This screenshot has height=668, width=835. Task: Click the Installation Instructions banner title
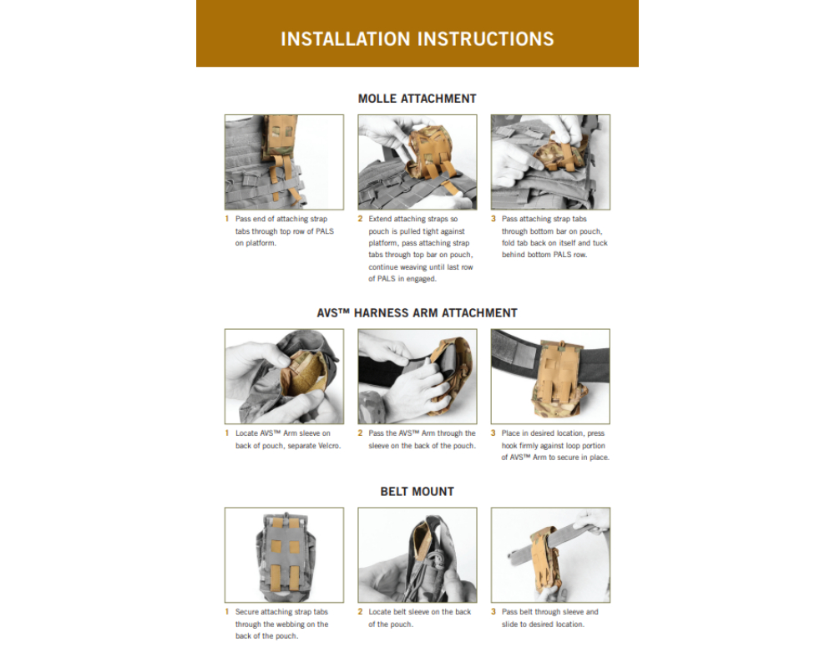[417, 39]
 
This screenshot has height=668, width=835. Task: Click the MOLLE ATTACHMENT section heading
[417, 99]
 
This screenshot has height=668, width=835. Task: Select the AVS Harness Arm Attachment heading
[417, 312]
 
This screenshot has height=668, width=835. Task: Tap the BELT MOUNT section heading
[417, 491]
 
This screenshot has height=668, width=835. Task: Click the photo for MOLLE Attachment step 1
[285, 162]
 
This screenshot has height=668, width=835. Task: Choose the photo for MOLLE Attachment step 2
[417, 162]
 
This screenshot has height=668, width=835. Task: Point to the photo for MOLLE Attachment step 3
[550, 162]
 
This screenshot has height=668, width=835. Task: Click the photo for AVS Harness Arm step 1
[285, 376]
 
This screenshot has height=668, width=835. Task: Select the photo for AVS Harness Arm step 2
[417, 376]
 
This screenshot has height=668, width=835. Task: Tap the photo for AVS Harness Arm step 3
[550, 376]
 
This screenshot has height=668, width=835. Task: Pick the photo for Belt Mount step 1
[285, 555]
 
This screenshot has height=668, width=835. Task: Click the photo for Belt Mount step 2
[417, 555]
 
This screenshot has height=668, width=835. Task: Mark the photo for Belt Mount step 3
[550, 555]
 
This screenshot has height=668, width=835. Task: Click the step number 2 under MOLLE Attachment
[360, 219]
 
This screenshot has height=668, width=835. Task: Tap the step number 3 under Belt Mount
[493, 612]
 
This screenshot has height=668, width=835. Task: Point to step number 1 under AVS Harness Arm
[227, 433]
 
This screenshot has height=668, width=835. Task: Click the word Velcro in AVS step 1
[329, 446]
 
